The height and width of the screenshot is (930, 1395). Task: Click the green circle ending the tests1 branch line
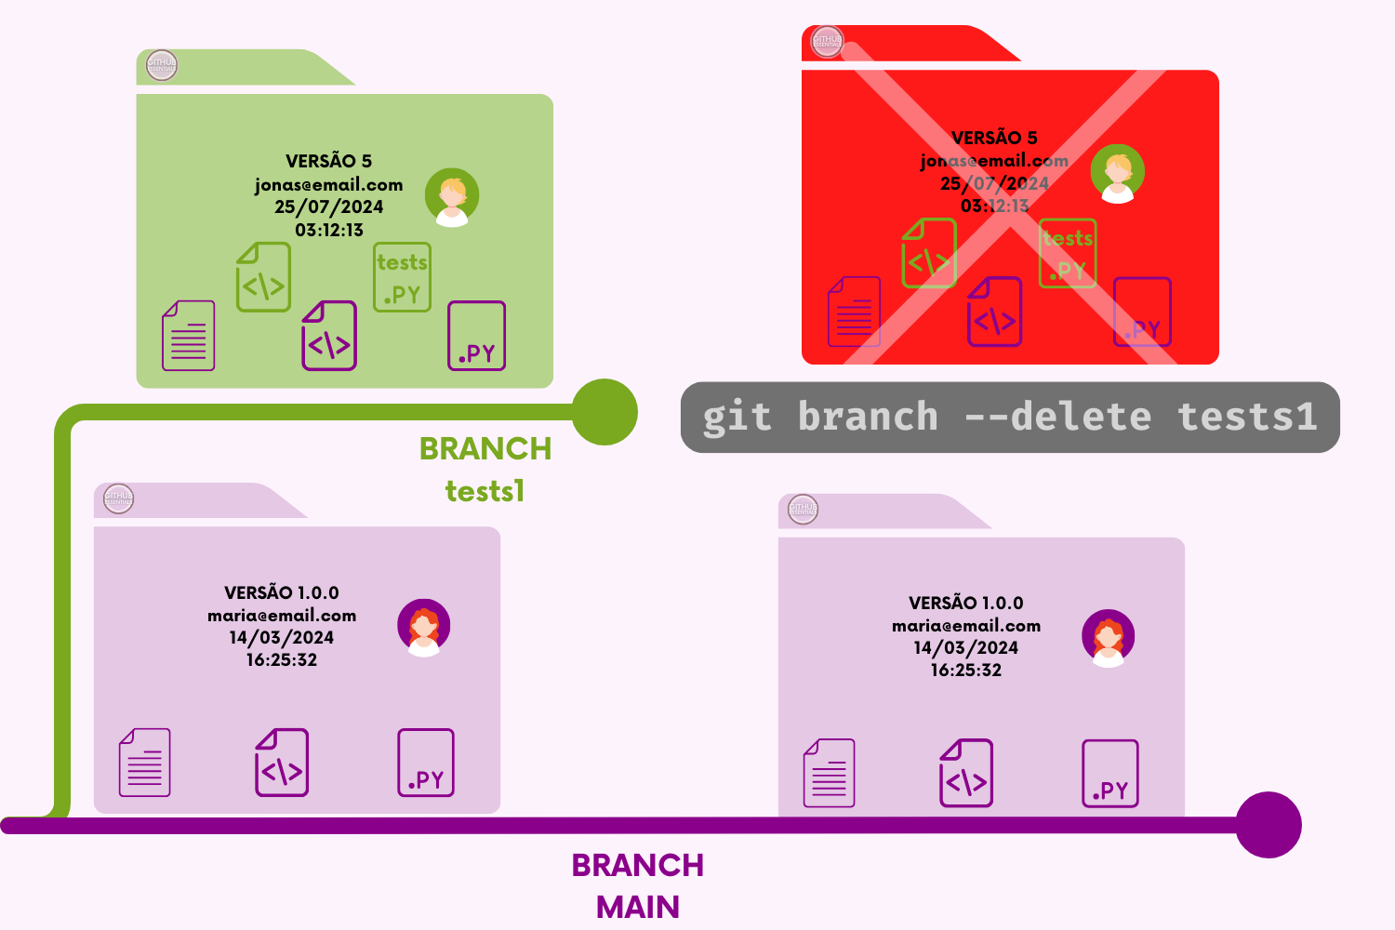pos(604,412)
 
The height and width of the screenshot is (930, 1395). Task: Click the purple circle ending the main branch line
pos(1269,825)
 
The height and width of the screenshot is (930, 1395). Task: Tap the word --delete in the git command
pos(1057,417)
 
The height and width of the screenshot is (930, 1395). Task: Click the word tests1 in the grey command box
pos(1247,417)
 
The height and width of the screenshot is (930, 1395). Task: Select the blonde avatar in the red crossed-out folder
pos(1117,173)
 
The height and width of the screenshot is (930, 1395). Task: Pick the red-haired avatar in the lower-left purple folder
pos(424,627)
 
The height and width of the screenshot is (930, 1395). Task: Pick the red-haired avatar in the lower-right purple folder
pos(1108,638)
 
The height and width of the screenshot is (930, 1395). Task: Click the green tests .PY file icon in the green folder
pos(402,277)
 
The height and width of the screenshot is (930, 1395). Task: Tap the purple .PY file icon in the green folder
pos(476,336)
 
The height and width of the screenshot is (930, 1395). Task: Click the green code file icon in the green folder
pos(263,277)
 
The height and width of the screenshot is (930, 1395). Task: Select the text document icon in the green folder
pos(188,335)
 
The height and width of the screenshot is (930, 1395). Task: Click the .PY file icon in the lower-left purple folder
pos(426,763)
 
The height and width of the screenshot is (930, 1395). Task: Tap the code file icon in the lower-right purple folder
pos(966,773)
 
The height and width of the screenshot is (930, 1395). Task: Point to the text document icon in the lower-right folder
pos(829,773)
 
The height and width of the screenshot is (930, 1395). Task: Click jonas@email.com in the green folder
pos(329,184)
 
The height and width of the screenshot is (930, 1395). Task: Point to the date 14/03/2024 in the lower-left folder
pos(282,637)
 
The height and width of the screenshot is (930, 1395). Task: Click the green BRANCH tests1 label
pos(485,469)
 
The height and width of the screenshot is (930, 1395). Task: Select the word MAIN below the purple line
pos(638,906)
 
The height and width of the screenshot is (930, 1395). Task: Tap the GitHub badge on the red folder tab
pos(826,42)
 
